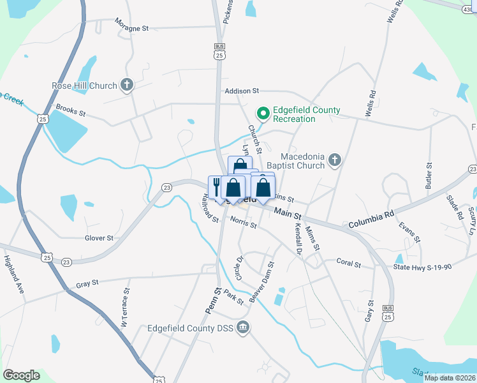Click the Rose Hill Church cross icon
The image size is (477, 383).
click(x=127, y=85)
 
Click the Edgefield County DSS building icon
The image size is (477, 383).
click(x=242, y=328)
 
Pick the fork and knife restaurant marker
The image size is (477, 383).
click(x=216, y=186)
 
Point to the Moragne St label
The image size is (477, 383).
click(x=131, y=28)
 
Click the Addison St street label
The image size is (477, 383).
click(x=241, y=91)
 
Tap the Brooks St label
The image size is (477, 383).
click(x=70, y=110)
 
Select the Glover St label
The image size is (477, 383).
click(x=99, y=238)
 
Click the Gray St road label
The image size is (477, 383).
click(x=87, y=283)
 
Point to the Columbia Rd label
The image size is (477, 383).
click(x=372, y=222)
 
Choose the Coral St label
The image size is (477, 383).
click(x=349, y=263)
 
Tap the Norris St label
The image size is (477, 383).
click(x=243, y=224)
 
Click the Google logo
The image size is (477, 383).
click(x=21, y=375)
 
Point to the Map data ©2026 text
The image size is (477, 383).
click(x=449, y=378)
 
